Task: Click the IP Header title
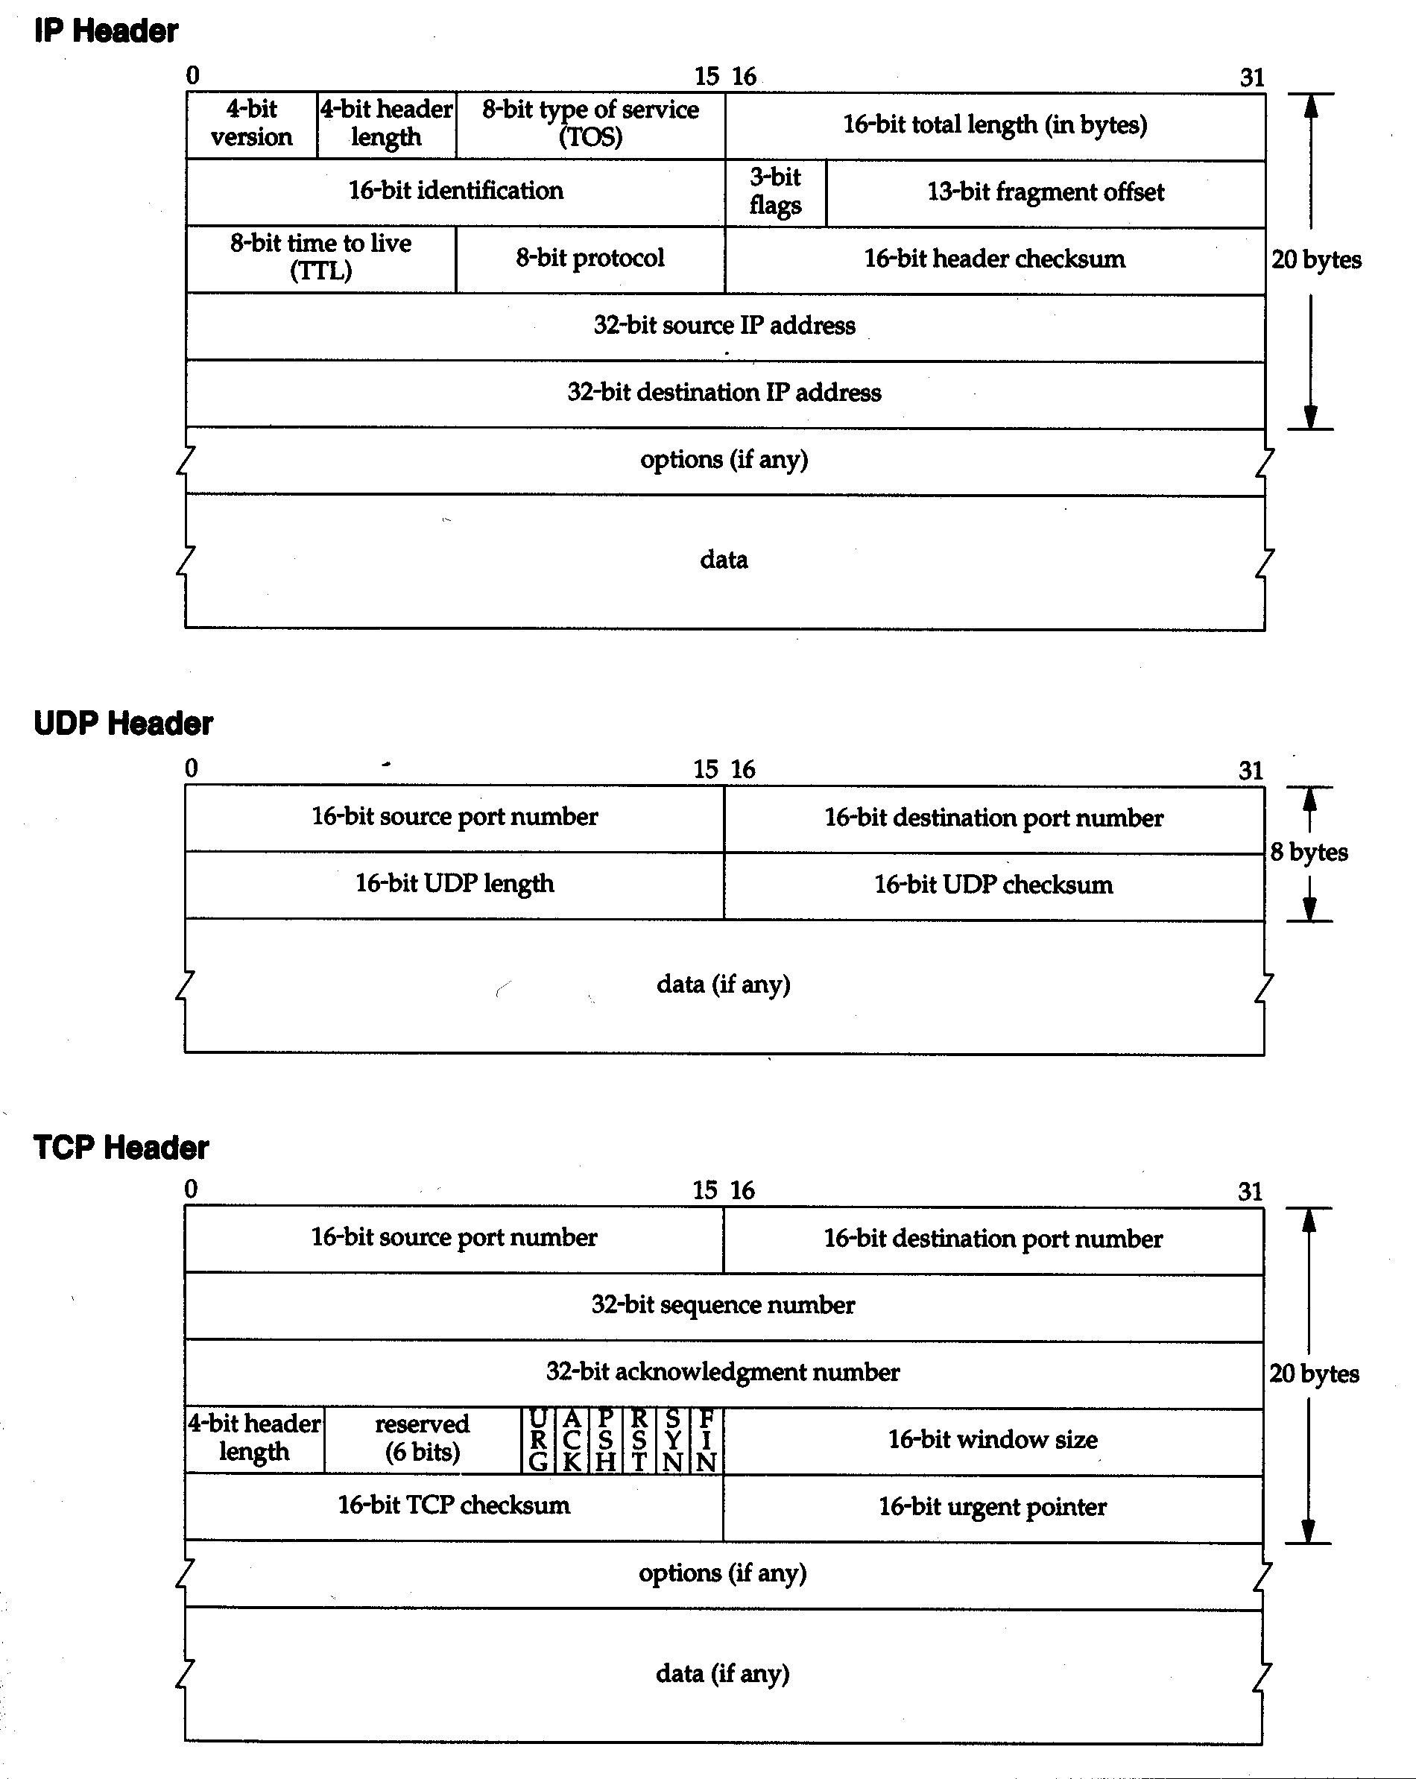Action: click(106, 31)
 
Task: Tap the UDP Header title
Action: click(123, 723)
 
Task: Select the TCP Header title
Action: click(121, 1147)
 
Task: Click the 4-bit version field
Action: click(252, 124)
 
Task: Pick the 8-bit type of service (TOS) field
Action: click(591, 124)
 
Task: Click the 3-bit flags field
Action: click(776, 192)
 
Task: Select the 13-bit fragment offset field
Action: click(1046, 193)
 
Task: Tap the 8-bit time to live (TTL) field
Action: click(321, 259)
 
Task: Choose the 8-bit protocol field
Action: click(590, 259)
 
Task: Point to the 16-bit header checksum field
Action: click(995, 260)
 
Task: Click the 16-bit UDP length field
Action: click(455, 885)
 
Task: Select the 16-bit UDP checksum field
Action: click(994, 886)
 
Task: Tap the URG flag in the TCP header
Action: click(539, 1441)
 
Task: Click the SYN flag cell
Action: click(672, 1441)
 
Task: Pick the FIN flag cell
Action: click(707, 1441)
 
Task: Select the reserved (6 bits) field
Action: click(423, 1440)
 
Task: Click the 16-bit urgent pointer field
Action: click(993, 1508)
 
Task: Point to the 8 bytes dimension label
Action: click(1309, 852)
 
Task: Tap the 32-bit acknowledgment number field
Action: click(724, 1373)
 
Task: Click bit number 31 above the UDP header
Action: click(1251, 771)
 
